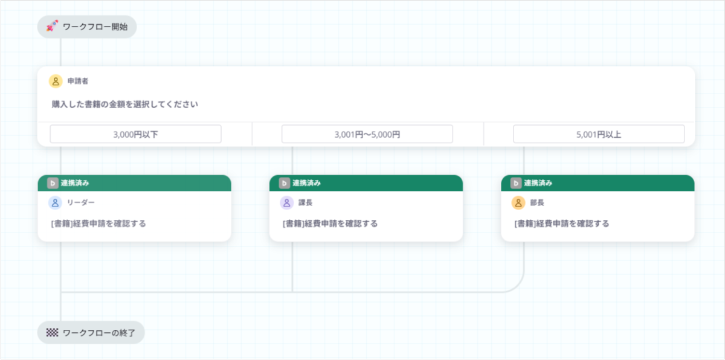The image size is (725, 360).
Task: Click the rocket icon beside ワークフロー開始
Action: coord(52,26)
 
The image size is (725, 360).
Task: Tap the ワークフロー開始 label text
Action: coord(95,27)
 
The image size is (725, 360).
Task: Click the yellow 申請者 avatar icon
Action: coord(56,81)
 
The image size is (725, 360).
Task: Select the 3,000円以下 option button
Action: coord(135,134)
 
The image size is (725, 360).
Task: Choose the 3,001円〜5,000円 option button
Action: coord(367,134)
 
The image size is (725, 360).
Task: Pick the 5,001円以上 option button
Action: coord(599,134)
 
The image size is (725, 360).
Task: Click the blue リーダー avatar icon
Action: coord(55,203)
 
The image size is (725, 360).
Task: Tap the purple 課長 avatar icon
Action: coord(287,203)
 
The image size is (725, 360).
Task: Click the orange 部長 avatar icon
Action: coord(518,203)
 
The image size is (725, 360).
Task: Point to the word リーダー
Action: coord(80,203)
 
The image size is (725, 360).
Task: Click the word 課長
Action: coord(305,203)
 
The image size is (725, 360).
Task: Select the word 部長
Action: coord(537,203)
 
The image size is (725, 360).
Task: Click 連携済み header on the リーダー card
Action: coord(75,183)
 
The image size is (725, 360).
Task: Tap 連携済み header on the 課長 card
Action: coord(306,183)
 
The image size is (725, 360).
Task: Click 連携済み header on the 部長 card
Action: coord(538,183)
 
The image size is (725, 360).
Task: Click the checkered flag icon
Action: coord(52,332)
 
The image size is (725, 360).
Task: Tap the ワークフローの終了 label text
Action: coord(99,333)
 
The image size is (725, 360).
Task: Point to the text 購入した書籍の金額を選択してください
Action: coord(125,104)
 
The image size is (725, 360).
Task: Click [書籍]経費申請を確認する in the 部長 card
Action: coord(561,224)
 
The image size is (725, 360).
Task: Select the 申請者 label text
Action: coord(78,81)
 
